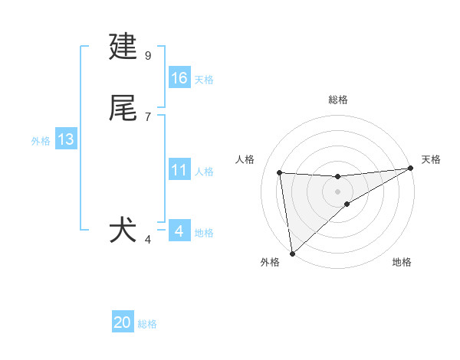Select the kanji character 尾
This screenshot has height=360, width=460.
coord(123,108)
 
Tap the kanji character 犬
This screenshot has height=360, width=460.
coord(123,231)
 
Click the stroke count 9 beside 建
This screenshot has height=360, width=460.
coord(148,55)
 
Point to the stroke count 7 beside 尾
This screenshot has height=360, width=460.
coord(148,116)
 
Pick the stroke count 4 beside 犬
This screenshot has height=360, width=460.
coord(148,239)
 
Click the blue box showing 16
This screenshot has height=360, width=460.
coord(179,78)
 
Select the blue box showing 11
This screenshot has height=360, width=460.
coord(179,170)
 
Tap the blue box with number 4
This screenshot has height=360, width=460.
coord(179,231)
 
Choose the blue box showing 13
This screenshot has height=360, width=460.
coord(66,139)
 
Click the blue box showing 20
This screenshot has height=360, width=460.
coord(123,322)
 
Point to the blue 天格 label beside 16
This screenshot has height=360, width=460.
coord(204,80)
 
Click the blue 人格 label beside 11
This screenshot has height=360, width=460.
coord(204,172)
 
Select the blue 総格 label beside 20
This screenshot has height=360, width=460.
coord(147,324)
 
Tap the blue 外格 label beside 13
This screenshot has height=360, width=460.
coord(41,141)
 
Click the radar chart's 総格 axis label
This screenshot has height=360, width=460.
coord(337,100)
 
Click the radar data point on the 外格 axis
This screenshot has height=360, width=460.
coord(291,254)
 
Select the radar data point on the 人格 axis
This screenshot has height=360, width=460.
coord(280,172)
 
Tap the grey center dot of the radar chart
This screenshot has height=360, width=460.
coord(337,191)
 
